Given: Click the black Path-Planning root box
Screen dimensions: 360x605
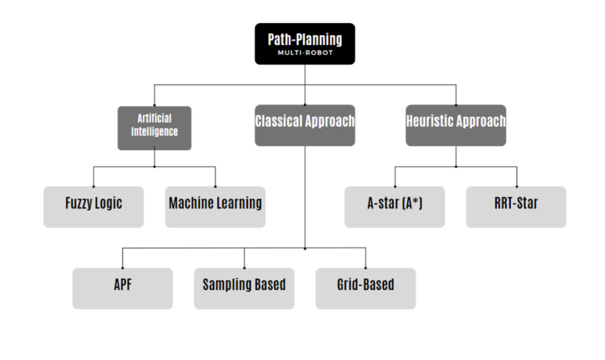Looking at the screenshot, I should (305, 44).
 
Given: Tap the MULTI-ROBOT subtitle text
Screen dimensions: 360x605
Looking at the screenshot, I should (305, 53).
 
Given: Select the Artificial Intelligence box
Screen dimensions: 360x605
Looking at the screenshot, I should (154, 128).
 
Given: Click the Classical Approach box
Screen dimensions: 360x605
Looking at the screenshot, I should (305, 125).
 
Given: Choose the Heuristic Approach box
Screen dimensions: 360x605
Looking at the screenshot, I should (456, 125).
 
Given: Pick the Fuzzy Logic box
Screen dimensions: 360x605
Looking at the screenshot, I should (93, 207).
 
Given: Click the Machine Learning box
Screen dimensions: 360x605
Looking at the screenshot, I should (215, 207).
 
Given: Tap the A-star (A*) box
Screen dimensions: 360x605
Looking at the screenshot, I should (395, 207).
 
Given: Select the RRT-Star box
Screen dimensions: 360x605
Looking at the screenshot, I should (516, 207).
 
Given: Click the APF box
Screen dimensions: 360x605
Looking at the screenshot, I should (122, 288).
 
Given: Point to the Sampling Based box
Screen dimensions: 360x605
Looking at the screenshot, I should (244, 288).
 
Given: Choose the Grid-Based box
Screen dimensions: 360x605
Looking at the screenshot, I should (365, 288).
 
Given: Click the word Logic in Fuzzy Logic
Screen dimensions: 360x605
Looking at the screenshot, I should (109, 203).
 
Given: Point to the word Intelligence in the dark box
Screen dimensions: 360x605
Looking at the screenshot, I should (154, 132).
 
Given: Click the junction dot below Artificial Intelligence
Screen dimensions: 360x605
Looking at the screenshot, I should (154, 167).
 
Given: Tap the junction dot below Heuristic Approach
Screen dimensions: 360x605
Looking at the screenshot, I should (456, 167).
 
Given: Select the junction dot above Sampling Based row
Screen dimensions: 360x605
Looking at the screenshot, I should (305, 248).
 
